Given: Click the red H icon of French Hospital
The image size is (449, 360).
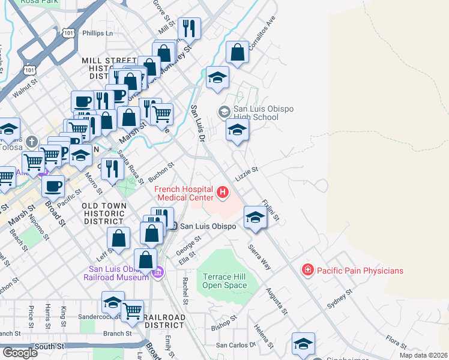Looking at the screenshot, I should [x=223, y=192].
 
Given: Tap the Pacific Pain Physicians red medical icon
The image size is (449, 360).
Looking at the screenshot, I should [x=308, y=271].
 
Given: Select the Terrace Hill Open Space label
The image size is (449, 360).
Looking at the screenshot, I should [x=225, y=281].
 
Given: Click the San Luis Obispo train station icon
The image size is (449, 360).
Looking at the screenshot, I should [x=173, y=226].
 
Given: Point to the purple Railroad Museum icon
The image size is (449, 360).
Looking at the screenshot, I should [x=158, y=273].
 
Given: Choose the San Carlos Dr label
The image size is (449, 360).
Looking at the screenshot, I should [x=236, y=345].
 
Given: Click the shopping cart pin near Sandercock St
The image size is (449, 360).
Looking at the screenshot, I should [x=132, y=310].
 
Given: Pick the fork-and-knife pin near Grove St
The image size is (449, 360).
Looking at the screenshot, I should [x=189, y=28].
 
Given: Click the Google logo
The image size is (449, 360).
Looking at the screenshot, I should [x=20, y=353].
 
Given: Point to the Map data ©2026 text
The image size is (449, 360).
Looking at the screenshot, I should [x=423, y=355].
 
